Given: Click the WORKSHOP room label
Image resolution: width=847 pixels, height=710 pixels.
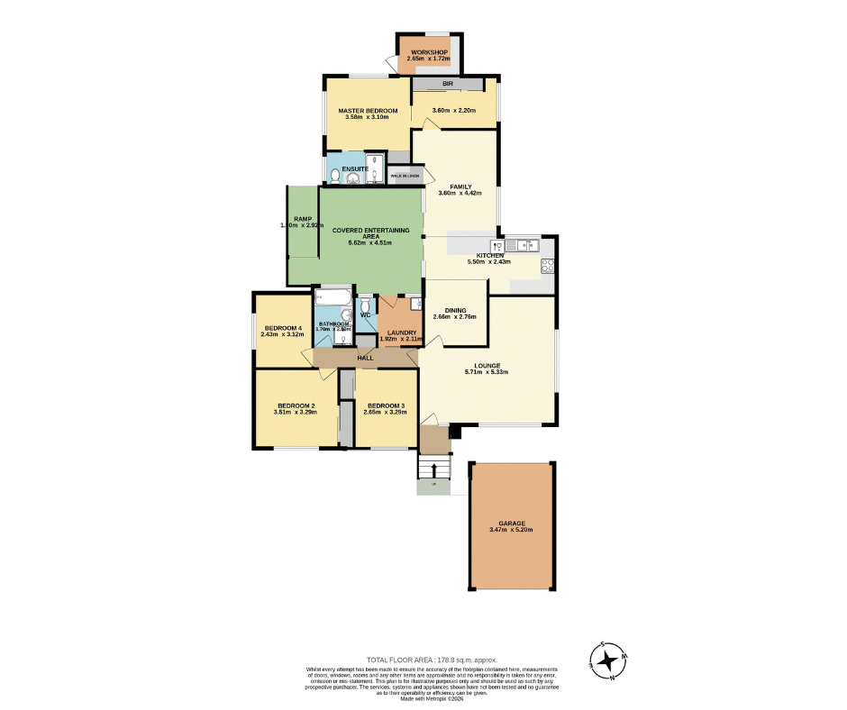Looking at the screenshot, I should tap(429, 52).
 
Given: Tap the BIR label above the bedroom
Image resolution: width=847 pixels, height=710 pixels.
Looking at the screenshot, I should tap(447, 84).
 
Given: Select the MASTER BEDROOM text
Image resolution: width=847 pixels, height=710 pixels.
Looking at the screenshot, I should tap(368, 111).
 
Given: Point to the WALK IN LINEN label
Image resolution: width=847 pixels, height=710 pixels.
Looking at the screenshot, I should tap(405, 176).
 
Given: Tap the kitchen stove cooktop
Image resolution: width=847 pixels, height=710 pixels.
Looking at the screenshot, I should tap(546, 265).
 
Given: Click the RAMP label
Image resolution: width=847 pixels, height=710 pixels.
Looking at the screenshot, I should tap(302, 219).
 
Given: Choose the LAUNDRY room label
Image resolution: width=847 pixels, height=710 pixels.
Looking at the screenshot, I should tap(401, 332).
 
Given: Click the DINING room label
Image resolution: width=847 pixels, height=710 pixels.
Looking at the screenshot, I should tap(454, 310).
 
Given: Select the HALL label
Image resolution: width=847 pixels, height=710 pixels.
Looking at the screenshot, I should tap(365, 358).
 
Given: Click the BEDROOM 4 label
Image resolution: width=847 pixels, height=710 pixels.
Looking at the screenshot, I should tap(282, 327).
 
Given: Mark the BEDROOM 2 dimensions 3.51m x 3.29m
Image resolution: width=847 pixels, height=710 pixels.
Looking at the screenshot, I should tap(296, 413).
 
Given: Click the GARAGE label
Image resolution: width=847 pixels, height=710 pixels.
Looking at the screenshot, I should tap(511, 523).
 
